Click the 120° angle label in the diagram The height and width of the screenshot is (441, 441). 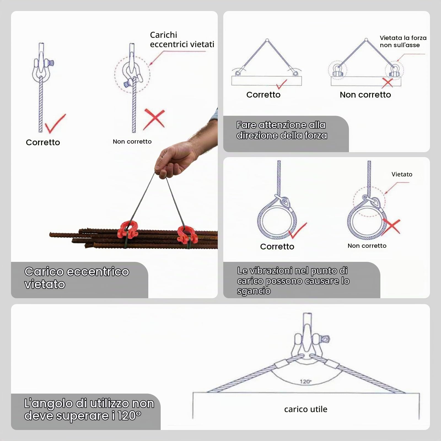point(305,381)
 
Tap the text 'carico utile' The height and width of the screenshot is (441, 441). point(306,409)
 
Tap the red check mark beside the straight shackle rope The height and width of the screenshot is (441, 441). point(55,123)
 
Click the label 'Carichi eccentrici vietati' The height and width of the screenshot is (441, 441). point(182,39)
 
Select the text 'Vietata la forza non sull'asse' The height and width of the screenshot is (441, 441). point(403,41)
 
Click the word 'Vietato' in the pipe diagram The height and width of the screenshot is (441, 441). point(402,174)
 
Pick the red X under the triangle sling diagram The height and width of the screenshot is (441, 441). point(388,82)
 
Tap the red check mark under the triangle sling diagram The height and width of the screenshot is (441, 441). point(281,84)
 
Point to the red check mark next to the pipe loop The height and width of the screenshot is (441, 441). point(298,230)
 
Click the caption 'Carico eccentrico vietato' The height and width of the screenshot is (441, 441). point(77,278)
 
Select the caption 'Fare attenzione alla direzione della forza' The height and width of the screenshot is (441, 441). point(282,130)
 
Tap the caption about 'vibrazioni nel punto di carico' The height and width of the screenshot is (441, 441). point(293,281)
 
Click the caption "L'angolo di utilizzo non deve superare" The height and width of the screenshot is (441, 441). point(89,410)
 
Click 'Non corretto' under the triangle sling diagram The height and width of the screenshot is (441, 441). point(365,95)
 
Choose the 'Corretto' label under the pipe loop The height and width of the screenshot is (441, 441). point(277,246)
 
